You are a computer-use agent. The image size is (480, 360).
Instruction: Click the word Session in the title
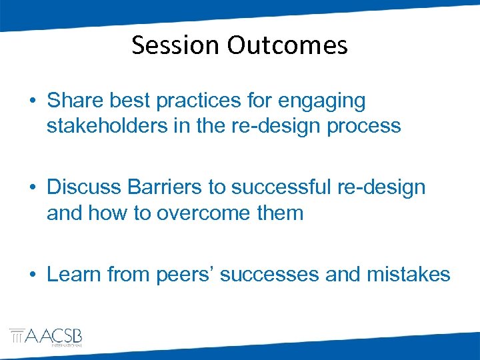(x=176, y=45)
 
